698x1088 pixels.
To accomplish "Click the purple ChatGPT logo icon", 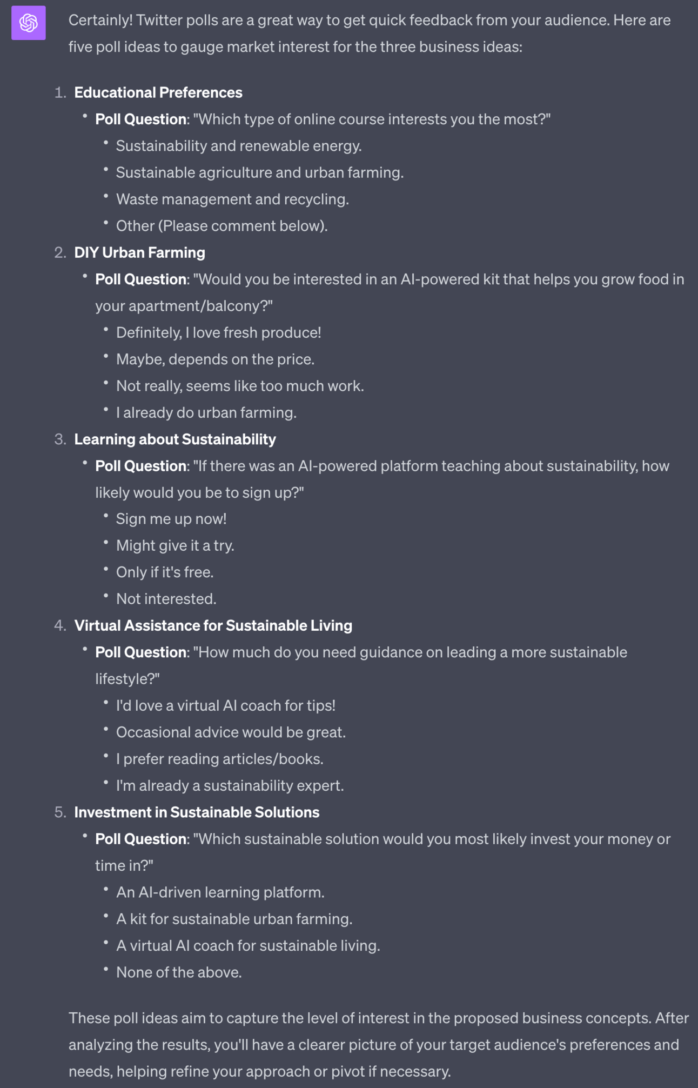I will pyautogui.click(x=29, y=23).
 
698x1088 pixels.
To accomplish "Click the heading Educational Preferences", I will pyautogui.click(x=158, y=92).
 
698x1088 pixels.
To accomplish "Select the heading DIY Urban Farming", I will pyautogui.click(x=139, y=252).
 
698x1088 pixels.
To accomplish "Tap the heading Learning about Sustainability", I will pyautogui.click(x=174, y=439).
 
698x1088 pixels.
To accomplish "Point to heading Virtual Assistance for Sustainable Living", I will pyautogui.click(x=213, y=625).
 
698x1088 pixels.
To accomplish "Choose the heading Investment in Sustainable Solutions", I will pyautogui.click(x=197, y=812).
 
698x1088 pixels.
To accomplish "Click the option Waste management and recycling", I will pyautogui.click(x=232, y=199).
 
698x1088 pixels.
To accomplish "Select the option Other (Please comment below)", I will pyautogui.click(x=222, y=225).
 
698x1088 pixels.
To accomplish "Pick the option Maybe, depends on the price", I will pyautogui.click(x=215, y=359).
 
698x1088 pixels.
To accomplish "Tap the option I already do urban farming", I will pyautogui.click(x=206, y=412).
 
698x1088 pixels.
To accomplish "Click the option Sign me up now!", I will pyautogui.click(x=171, y=518).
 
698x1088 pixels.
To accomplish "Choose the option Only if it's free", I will pyautogui.click(x=165, y=572).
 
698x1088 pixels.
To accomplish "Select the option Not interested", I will pyautogui.click(x=166, y=598).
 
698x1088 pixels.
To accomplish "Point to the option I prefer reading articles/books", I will pyautogui.click(x=219, y=758).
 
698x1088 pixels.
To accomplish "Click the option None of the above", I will pyautogui.click(x=179, y=972).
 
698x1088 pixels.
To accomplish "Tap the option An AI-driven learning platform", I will pyautogui.click(x=220, y=892).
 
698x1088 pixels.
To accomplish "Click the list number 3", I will pyautogui.click(x=59, y=439).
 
